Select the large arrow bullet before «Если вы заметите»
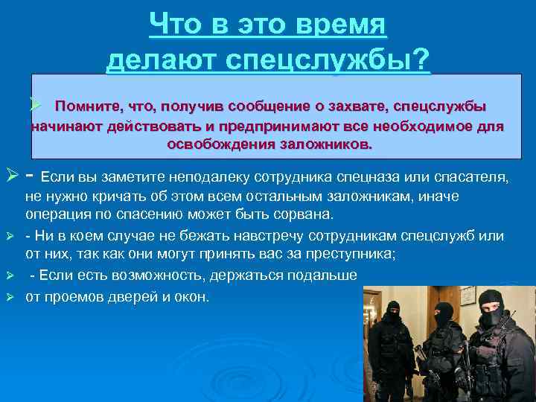[x=13, y=177]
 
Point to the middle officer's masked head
[x=444, y=314]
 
